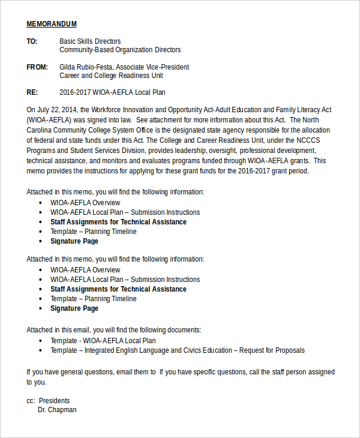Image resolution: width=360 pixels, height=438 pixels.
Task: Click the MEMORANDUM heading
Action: pos(52,24)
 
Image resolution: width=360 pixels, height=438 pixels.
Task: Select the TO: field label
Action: pos(32,41)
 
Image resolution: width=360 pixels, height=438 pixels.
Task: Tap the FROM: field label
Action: pos(37,67)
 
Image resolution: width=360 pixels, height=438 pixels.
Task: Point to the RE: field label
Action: pos(32,92)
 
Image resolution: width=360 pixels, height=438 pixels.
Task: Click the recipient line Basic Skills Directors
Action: pos(90,41)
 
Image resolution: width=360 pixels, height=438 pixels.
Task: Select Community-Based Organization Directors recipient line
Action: pos(120,50)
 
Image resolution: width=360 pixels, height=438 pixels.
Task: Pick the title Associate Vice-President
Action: pos(152,67)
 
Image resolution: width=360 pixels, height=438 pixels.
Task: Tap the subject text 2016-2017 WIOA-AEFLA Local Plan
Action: pos(112,92)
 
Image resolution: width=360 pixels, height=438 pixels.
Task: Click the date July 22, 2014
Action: pos(58,110)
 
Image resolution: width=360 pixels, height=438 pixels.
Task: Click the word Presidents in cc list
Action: pos(53,400)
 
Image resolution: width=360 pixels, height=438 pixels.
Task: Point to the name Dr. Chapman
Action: pos(57,410)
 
